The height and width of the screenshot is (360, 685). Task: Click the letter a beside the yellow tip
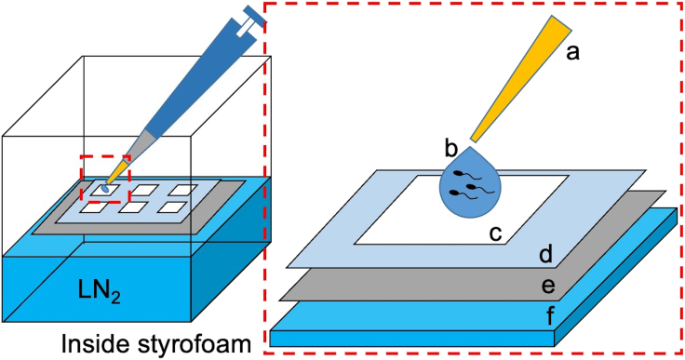pyautogui.click(x=573, y=54)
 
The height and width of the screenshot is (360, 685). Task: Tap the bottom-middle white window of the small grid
pyautogui.click(x=135, y=207)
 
